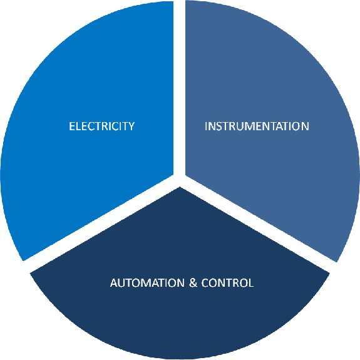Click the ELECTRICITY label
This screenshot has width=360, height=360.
coord(101,126)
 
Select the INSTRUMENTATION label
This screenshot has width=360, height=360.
coord(257,126)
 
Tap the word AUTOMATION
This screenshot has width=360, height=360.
coord(147,282)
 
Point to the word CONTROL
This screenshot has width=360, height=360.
coord(227,282)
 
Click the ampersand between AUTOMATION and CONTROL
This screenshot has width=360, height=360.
coord(193,282)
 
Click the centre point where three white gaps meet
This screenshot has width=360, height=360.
coord(180,180)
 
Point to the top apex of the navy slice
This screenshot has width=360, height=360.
coord(180,187)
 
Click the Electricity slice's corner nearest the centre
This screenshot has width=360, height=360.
coord(173,175)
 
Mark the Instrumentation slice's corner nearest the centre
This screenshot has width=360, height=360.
coord(185,176)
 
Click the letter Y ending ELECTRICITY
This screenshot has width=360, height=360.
coord(131,126)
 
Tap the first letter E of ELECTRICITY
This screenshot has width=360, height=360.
coord(72,126)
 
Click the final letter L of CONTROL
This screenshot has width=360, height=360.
coord(251,282)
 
